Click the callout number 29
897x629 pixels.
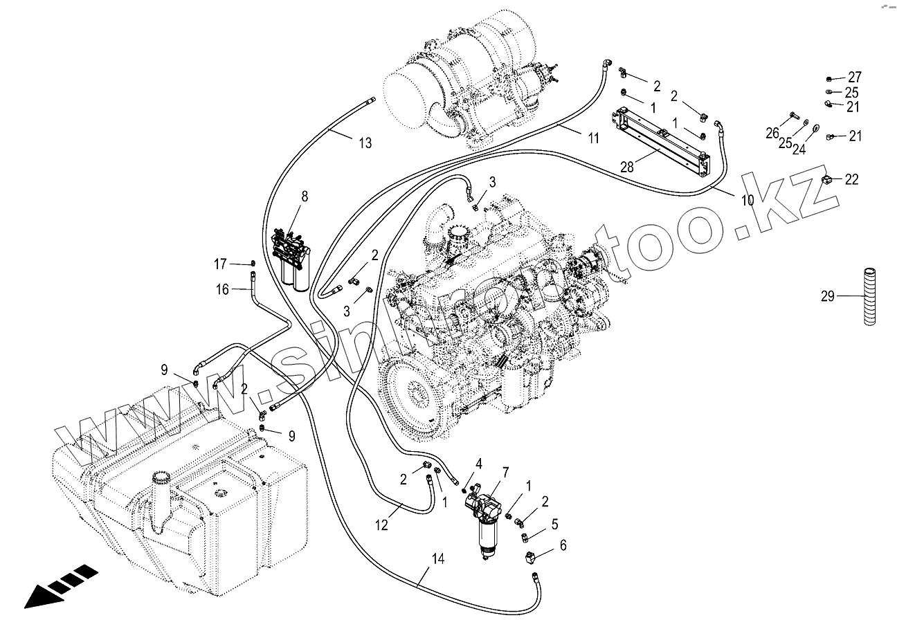coord(828,297)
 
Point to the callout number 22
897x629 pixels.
coord(851,179)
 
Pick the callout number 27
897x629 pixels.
coord(855,77)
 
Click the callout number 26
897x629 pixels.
coord(772,133)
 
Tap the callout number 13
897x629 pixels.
coord(365,143)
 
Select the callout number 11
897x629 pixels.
coord(593,138)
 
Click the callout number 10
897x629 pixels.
coord(747,201)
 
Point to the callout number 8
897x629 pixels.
coord(304,196)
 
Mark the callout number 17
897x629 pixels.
coord(220,264)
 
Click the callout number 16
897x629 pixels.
coord(222,289)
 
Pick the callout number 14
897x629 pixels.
coord(437,558)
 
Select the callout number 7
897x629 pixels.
coord(506,473)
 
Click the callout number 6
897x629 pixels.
coord(563,545)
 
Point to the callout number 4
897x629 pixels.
coord(478,463)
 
